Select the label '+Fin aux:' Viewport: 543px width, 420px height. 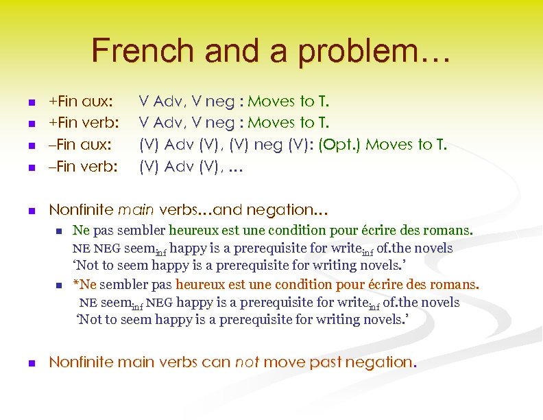pyautogui.click(x=81, y=102)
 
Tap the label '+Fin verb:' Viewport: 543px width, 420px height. pyautogui.click(x=84, y=124)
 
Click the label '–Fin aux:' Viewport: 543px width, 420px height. pyautogui.click(x=80, y=145)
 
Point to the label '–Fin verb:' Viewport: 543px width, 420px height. pyautogui.click(x=84, y=166)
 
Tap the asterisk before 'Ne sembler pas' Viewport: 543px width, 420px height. pyautogui.click(x=76, y=284)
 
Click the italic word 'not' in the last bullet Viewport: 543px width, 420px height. pyautogui.click(x=246, y=362)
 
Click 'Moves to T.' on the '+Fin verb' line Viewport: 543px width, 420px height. pyautogui.click(x=288, y=124)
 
